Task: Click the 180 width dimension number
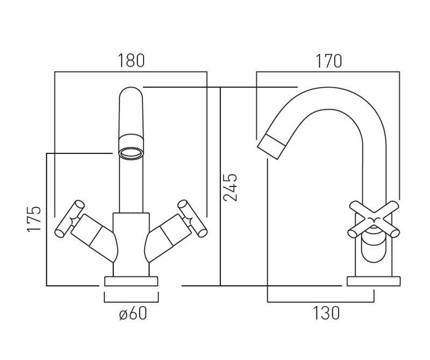point(131,60)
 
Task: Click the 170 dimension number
point(328,61)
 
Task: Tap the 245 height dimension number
point(231,187)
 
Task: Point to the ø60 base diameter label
point(132,314)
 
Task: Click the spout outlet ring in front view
point(132,154)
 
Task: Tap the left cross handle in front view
point(69,218)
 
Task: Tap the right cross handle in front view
point(193,218)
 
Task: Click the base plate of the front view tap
point(132,281)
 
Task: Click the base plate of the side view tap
point(375,281)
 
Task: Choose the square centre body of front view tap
point(132,237)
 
